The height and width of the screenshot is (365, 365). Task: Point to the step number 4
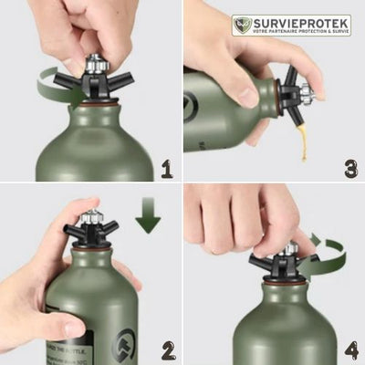[350, 349]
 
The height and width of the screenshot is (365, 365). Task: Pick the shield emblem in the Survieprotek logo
[242, 25]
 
